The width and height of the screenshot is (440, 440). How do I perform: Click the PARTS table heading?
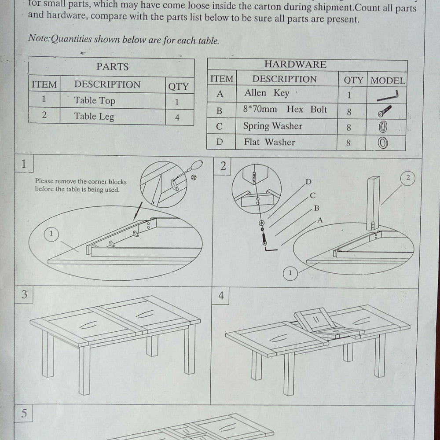point(112,67)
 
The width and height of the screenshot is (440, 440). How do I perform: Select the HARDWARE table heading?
point(295,64)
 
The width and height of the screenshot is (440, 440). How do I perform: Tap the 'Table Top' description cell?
point(95,100)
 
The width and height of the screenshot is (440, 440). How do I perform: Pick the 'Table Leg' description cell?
point(94,117)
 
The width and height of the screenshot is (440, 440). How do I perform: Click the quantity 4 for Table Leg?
point(177,118)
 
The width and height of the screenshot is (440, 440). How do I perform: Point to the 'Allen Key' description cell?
point(267,93)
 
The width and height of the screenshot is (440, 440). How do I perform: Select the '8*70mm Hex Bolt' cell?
point(285,110)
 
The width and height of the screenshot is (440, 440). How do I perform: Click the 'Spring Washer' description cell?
point(272,126)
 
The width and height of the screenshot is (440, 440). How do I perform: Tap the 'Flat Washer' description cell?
point(269,142)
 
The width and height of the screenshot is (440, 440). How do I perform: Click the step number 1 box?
point(24,164)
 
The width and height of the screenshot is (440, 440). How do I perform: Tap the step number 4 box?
point(221,296)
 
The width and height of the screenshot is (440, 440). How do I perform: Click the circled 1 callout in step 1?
point(51,234)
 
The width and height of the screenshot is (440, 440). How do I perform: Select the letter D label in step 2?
point(308,182)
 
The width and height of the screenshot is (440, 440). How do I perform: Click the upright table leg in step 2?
point(373,202)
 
